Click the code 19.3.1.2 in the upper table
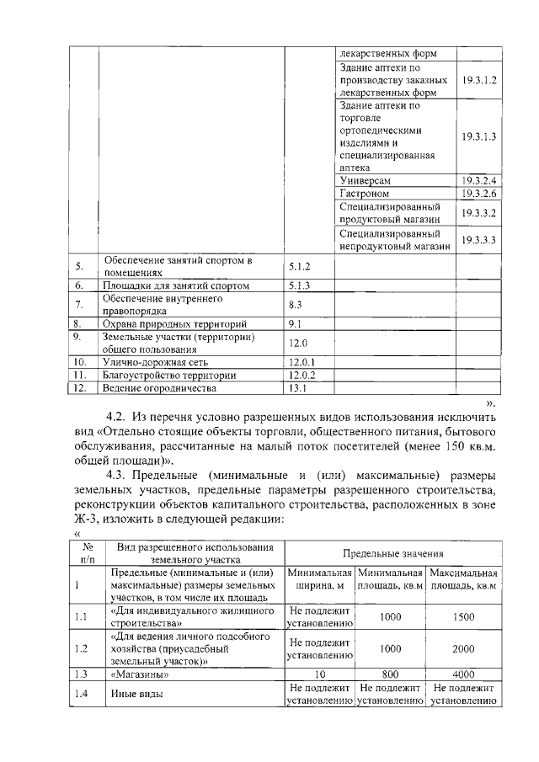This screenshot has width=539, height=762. [480, 79]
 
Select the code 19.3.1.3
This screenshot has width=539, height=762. [480, 136]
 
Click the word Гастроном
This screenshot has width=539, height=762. [364, 194]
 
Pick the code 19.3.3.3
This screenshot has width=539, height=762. [480, 240]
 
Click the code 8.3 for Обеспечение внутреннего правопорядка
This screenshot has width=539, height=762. [295, 304]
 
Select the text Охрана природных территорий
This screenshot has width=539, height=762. [163, 323]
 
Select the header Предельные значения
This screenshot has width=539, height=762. [392, 553]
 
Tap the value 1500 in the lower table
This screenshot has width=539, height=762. [463, 616]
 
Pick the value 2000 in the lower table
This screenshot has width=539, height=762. [463, 649]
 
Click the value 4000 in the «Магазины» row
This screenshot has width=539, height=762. [463, 674]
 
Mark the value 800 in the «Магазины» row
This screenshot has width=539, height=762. [390, 674]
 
